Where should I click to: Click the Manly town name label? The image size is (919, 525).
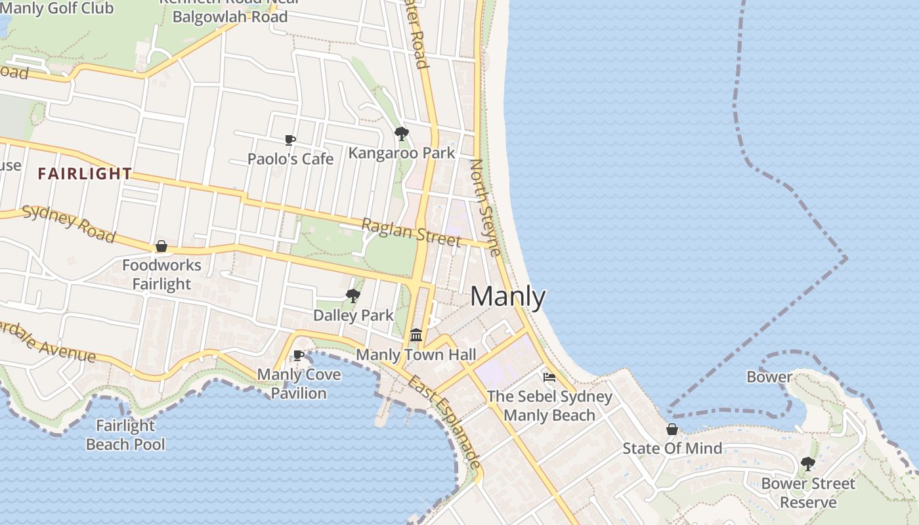[507, 297]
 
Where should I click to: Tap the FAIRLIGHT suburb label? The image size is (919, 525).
[85, 174]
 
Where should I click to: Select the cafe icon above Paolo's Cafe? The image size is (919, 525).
[289, 140]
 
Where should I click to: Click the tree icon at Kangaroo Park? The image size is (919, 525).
[401, 134]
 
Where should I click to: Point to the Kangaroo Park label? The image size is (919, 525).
[401, 154]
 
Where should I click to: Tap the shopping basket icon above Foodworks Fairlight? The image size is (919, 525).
[161, 246]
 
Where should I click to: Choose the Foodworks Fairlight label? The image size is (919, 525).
[161, 275]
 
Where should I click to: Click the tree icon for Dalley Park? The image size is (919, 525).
[353, 295]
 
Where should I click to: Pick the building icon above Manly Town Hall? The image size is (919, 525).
[416, 335]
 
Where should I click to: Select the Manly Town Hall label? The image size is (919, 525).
[416, 355]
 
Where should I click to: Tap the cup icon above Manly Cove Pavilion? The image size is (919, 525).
[298, 355]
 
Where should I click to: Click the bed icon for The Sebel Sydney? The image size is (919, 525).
[549, 377]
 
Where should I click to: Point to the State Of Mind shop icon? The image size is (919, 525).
[672, 429]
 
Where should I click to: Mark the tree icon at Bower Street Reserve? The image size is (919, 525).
[807, 464]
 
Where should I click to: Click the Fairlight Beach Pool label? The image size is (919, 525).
[125, 435]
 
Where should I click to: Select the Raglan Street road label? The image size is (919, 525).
[411, 233]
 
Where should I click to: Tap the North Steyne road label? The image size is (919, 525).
[486, 207]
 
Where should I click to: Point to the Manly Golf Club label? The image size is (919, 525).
[57, 9]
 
